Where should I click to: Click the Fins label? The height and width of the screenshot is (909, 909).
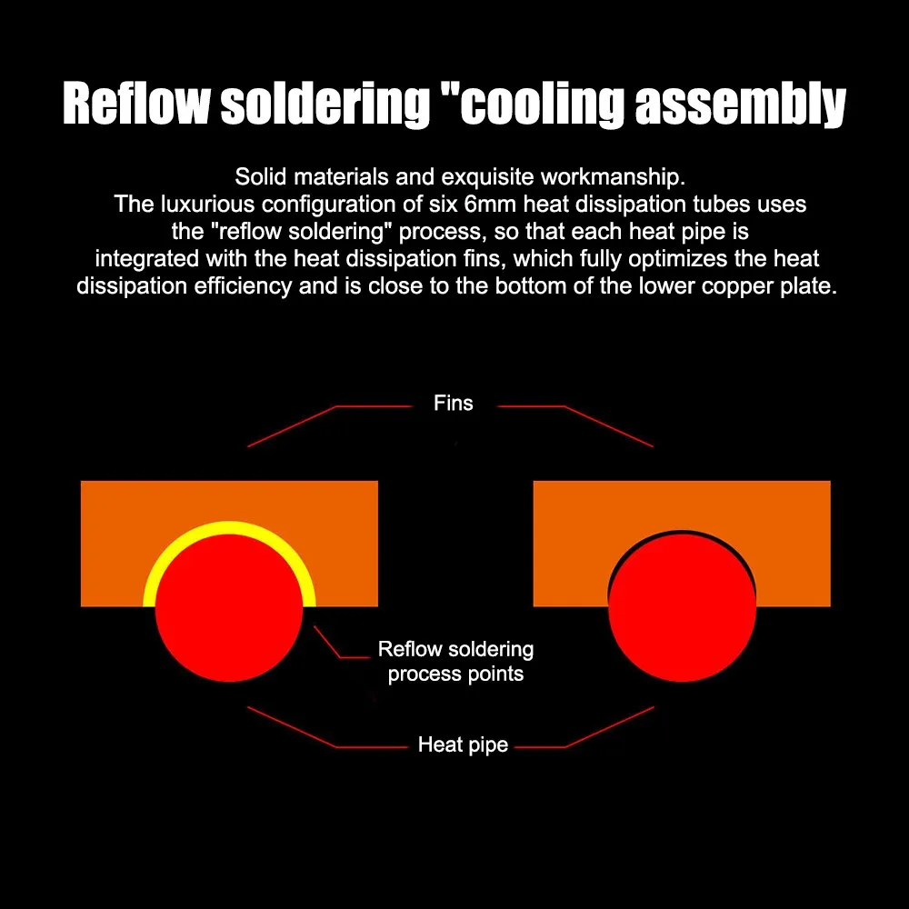point(454,403)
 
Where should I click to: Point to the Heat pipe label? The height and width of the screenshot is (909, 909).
point(463,745)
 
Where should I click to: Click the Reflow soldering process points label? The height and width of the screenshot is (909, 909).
point(455,662)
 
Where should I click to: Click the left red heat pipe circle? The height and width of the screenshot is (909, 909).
point(229,609)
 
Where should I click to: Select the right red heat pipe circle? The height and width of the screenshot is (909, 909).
point(682,609)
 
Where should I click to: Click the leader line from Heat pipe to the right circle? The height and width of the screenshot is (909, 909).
point(609,727)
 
